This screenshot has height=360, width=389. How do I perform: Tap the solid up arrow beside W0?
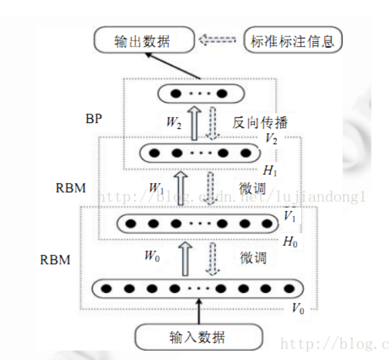187,257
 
